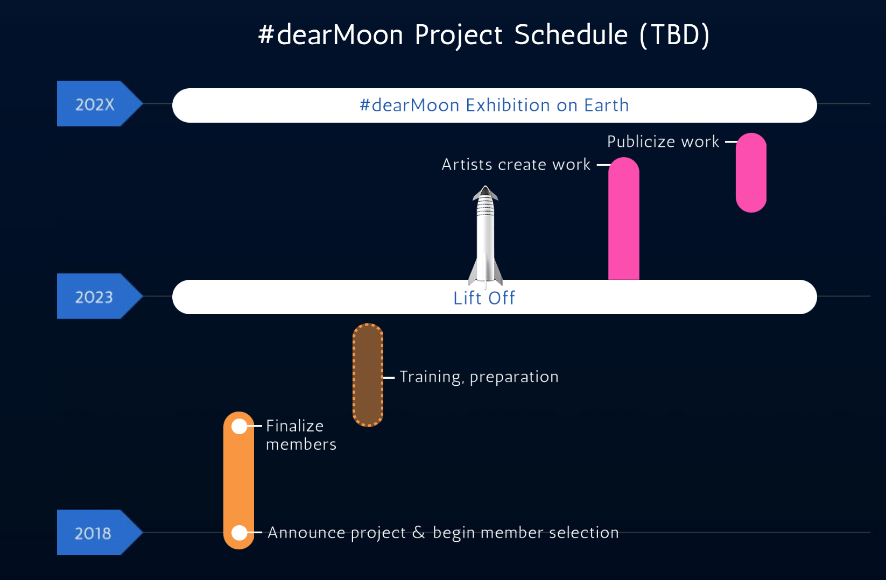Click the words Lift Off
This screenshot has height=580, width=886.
484,298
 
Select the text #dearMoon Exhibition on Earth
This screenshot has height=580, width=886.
494,105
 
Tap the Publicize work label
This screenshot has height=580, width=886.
663,142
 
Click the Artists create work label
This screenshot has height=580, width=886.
516,165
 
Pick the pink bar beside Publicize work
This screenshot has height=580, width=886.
751,173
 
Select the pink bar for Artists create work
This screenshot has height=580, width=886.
624,218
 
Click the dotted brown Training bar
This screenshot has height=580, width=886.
368,375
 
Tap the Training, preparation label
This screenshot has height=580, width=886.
479,377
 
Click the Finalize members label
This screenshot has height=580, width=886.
301,435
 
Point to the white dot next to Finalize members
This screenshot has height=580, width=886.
240,426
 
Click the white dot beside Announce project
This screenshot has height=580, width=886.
240,533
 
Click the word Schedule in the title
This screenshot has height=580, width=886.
571,34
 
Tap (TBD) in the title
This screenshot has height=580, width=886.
674,36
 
